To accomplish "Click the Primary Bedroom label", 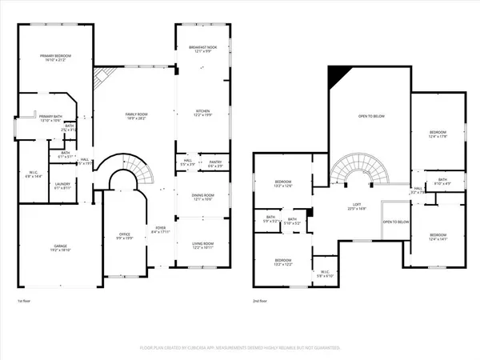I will tap(56, 57).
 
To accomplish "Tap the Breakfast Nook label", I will tap(202, 49).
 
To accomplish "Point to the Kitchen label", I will tap(202, 113).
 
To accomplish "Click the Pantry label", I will tap(214, 164).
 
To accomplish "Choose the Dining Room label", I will tap(202, 198).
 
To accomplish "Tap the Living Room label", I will tap(202, 246).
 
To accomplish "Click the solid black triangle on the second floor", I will tap(338, 77).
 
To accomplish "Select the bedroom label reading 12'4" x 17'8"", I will tap(437, 134).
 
